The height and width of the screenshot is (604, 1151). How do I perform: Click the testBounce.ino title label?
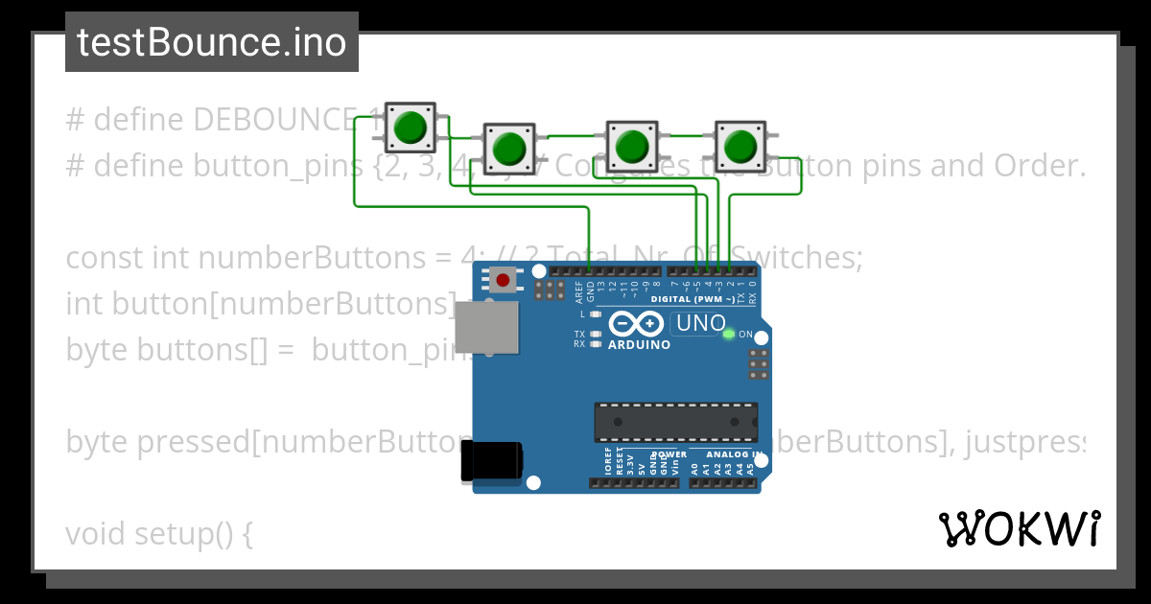(x=211, y=42)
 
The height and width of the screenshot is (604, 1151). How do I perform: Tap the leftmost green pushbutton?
(x=411, y=127)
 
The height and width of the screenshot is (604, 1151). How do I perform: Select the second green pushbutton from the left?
(x=508, y=148)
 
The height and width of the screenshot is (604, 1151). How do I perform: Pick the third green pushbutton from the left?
(x=631, y=146)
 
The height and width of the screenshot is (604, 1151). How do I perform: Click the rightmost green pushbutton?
(x=740, y=146)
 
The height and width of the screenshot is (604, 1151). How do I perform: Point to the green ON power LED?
(x=729, y=334)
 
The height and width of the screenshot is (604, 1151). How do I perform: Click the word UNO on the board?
(x=701, y=324)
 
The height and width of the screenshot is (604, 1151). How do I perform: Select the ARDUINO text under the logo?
(x=639, y=344)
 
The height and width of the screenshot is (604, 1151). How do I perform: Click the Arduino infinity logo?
(x=637, y=324)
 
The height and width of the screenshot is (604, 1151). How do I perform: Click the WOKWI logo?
(x=1020, y=528)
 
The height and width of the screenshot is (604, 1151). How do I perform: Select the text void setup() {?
(x=159, y=534)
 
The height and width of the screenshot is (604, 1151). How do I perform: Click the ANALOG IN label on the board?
(x=735, y=454)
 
